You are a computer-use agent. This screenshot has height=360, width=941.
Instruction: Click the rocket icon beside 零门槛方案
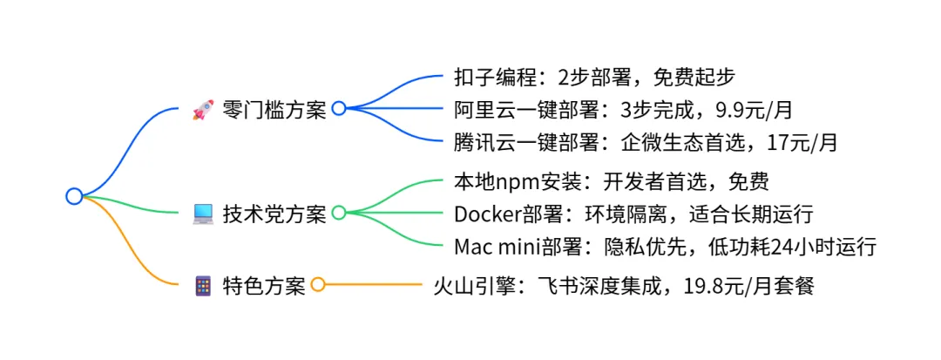[203, 109]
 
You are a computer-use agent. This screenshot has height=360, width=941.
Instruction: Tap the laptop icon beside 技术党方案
[203, 213]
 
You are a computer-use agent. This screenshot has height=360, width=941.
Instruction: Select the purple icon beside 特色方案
[203, 285]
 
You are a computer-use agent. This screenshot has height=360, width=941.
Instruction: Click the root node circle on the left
[74, 196]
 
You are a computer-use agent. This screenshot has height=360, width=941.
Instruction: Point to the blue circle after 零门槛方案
[339, 109]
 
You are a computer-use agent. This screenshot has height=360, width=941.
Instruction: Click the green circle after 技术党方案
[339, 213]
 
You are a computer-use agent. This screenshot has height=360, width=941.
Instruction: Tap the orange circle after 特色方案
[318, 285]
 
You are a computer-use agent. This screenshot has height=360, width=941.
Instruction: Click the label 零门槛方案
[274, 110]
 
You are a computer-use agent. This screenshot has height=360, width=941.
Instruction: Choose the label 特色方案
[263, 286]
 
